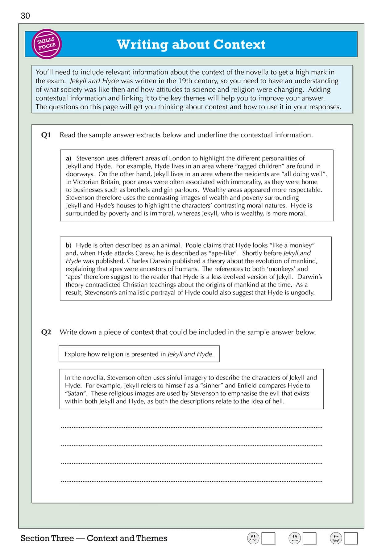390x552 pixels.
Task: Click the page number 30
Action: coord(25,16)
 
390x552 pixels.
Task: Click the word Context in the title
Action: coord(239,44)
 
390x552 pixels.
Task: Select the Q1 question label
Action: coord(46,135)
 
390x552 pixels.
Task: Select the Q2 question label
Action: coord(46,332)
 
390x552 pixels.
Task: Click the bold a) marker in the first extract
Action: coord(68,158)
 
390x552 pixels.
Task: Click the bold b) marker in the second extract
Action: coord(68,245)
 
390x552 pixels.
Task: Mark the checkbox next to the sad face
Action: coord(268,538)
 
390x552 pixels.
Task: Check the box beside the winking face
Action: coord(351,538)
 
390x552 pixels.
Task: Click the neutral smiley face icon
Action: coord(295,538)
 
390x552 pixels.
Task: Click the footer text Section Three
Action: coord(47,538)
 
